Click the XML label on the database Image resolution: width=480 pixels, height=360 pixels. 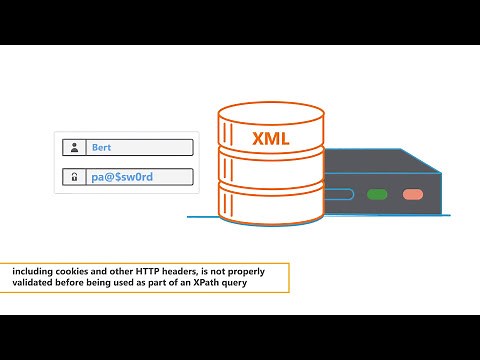point(271,139)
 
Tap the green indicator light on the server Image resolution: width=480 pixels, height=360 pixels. point(377,194)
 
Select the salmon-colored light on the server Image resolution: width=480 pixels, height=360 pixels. point(411,194)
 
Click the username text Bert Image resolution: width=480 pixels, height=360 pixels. point(101,148)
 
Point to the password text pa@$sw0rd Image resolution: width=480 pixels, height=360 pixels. point(124,178)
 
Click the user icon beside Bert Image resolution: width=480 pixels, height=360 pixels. point(74,148)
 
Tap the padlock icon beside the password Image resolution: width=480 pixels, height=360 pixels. point(74,178)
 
